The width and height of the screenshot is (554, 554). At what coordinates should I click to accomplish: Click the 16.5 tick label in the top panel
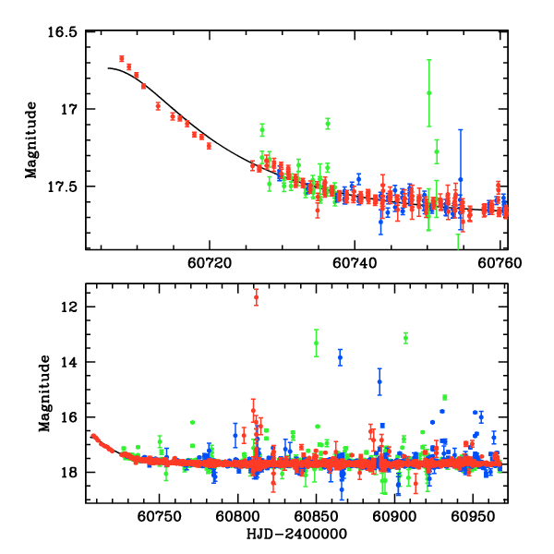63,31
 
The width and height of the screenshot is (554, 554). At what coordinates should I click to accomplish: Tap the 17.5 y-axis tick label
63,187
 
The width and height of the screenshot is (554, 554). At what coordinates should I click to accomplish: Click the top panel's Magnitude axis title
30,140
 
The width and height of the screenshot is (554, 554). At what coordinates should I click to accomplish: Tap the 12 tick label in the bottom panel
69,307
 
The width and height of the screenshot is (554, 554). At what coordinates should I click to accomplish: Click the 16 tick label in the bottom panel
69,417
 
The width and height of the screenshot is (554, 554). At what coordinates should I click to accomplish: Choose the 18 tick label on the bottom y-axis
69,473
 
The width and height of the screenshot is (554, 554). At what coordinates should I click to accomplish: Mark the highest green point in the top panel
428,92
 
